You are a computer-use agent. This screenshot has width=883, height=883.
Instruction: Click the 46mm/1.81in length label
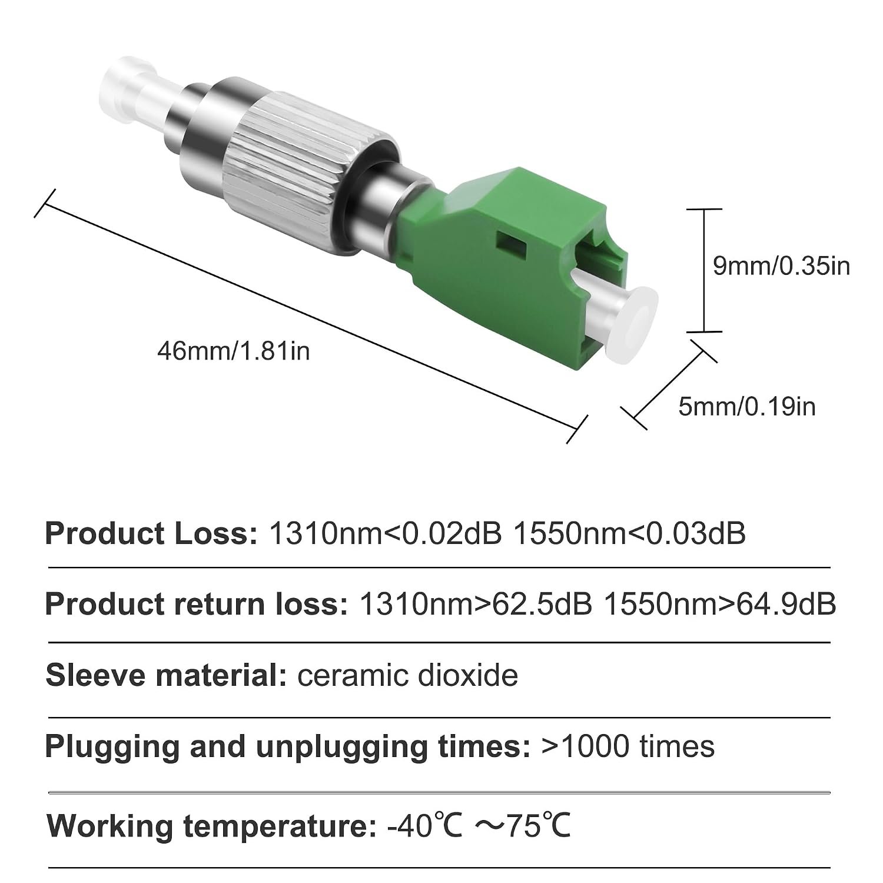[233, 351]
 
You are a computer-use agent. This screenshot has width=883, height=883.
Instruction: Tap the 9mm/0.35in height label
[781, 266]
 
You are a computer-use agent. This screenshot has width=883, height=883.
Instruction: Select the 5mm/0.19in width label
[747, 407]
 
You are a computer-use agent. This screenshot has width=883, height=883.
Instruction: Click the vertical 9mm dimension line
[705, 270]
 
